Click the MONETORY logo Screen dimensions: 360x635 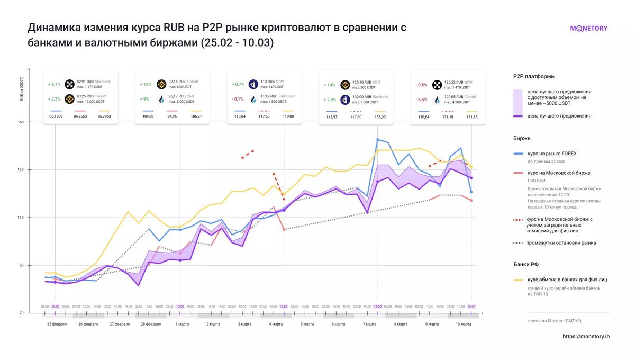pos(588,29)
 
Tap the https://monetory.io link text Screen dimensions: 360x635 pos(586,336)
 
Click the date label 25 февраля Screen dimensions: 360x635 pos(57,324)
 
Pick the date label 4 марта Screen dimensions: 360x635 pos(275,324)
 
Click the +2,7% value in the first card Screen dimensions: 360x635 pos(54,84)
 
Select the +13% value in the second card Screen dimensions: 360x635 pos(146,84)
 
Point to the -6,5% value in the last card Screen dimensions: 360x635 pos(422,100)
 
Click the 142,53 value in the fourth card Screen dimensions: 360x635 pos(331,116)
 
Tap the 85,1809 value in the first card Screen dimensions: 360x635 pos(56,116)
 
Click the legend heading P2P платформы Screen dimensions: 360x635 pos(534,76)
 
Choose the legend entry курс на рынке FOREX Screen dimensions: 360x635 pos(552,154)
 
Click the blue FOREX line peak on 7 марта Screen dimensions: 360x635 pos(377,139)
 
